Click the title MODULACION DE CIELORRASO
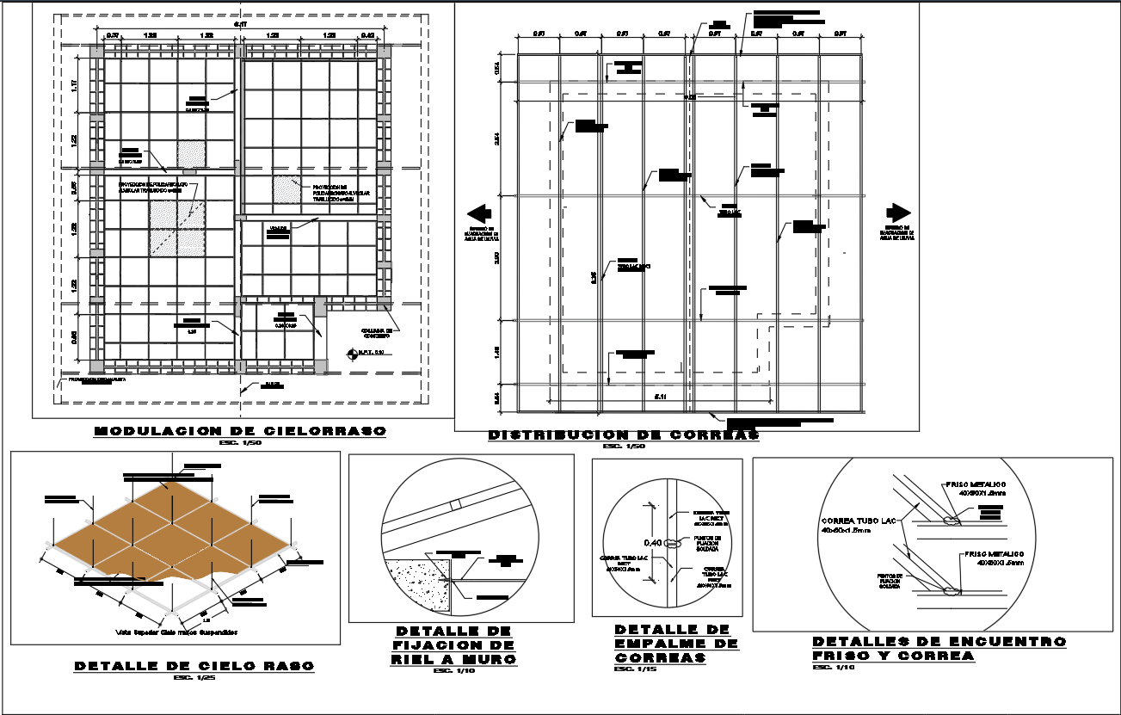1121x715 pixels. pos(240,431)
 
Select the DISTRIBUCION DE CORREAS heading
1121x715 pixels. pos(624,435)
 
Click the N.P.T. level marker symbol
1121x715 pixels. pos(351,353)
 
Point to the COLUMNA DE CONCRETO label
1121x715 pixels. pos(377,332)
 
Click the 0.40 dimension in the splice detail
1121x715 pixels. pos(653,543)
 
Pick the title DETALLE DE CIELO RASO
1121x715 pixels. pos(194,666)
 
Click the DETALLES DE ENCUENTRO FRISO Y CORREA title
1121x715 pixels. pos(939,648)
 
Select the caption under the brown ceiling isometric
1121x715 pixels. pos(176,632)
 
